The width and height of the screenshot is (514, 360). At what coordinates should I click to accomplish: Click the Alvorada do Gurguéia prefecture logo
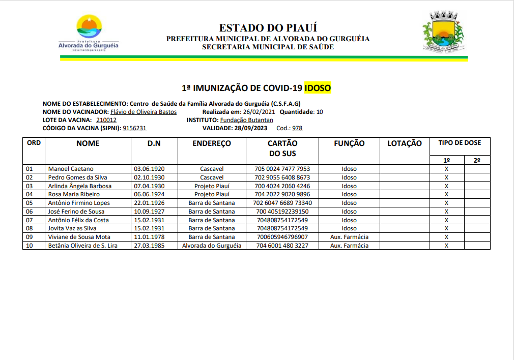click(x=89, y=34)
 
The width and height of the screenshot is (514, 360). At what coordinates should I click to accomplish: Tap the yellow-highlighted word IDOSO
click(x=318, y=88)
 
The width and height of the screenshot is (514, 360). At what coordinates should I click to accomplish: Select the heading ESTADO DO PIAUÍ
click(x=268, y=28)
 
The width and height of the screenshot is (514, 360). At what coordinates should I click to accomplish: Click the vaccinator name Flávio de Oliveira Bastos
click(x=144, y=112)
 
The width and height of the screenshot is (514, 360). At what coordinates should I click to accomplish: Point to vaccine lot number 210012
click(x=106, y=120)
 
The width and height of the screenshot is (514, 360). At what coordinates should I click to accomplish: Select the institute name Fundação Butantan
click(x=246, y=120)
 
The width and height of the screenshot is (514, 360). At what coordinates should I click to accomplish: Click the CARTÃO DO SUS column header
click(x=282, y=148)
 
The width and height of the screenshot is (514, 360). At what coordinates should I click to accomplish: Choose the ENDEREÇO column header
click(x=212, y=143)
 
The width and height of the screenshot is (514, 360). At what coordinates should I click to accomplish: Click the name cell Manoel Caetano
click(x=71, y=169)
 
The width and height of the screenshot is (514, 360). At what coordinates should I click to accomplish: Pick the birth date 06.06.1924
click(x=149, y=194)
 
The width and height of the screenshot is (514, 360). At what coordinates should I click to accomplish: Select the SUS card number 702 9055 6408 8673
click(x=282, y=177)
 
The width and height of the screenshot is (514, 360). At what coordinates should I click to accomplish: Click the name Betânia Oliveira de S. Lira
click(x=82, y=246)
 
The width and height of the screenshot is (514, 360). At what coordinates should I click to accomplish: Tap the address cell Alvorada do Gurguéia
click(x=212, y=246)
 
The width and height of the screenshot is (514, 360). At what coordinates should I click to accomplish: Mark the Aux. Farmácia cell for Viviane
click(x=349, y=237)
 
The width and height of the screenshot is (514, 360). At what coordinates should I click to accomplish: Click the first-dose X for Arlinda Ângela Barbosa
click(x=446, y=186)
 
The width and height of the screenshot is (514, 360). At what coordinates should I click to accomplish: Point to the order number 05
click(x=29, y=203)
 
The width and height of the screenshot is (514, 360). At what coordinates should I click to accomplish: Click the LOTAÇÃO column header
click(x=405, y=143)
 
